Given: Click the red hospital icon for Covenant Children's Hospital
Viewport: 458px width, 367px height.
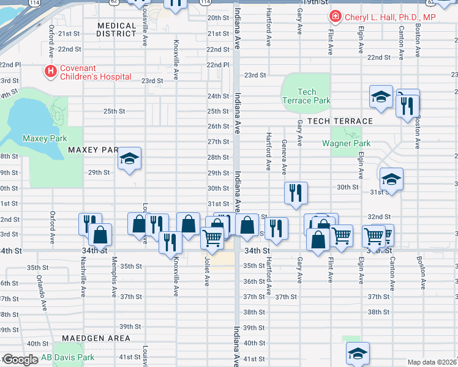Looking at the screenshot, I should [50, 72].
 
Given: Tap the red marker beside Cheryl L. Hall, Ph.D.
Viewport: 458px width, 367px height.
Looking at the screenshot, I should [336, 17].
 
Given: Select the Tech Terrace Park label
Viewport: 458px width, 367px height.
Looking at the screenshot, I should [306, 96].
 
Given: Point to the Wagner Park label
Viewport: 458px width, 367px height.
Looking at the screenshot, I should [346, 144].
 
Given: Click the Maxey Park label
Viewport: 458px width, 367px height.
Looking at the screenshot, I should [45, 139].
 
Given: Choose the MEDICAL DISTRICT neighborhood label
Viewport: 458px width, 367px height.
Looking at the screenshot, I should [116, 29].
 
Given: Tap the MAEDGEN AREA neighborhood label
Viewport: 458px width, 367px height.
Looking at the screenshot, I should [96, 338].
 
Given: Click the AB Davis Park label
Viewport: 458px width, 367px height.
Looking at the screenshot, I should [67, 357].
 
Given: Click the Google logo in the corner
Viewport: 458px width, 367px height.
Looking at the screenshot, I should [20, 360].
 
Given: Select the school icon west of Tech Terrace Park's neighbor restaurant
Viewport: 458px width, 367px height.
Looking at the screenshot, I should [381, 97].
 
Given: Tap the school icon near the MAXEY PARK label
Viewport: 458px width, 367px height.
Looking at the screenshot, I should [130, 158].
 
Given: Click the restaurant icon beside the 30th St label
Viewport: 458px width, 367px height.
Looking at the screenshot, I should [296, 192].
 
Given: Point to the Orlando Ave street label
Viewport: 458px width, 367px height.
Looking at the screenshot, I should [42, 291].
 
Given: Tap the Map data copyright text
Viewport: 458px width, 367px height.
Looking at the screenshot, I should [432, 362].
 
